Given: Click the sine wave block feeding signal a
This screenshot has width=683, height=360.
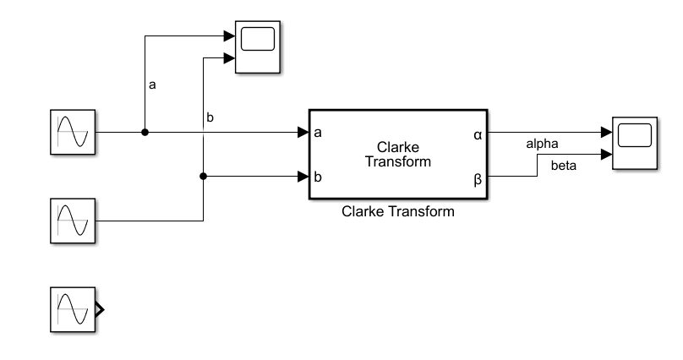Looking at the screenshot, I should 73,133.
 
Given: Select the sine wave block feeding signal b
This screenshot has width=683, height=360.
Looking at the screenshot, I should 73,221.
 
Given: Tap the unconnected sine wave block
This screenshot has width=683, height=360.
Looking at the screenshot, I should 73,308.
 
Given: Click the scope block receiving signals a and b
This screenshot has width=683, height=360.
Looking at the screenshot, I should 258,47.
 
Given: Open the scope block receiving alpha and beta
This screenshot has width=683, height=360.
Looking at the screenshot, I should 634,145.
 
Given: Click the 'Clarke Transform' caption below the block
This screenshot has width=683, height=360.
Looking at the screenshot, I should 397,212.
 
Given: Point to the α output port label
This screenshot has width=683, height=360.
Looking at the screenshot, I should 478,134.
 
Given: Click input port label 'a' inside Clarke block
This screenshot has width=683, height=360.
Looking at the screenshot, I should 317,134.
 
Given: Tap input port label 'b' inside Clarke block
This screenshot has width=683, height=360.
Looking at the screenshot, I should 317,177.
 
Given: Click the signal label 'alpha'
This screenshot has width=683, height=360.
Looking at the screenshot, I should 542,144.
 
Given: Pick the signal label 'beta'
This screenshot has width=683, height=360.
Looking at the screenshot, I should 564,166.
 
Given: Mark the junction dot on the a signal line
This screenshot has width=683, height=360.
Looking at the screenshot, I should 145,133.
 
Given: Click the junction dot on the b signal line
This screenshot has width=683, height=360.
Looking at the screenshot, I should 203,177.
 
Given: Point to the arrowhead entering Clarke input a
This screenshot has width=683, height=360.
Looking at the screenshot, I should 303,133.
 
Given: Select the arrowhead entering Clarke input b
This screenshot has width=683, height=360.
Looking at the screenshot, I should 303,177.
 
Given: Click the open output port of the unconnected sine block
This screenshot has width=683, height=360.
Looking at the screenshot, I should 101,308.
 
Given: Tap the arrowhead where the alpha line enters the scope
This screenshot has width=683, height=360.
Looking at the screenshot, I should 606,133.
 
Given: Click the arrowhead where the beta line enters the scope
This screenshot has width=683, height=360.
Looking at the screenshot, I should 606,155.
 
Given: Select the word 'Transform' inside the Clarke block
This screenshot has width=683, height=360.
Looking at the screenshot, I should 398,162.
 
